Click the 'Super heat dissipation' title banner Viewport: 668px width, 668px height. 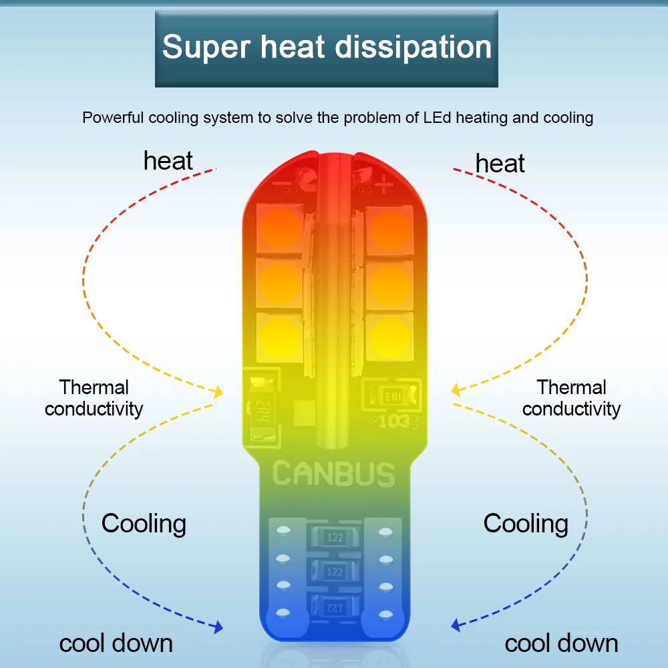pyautogui.click(x=327, y=48)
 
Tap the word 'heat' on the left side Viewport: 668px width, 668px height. pyautogui.click(x=168, y=161)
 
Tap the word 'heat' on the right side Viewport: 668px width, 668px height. pyautogui.click(x=500, y=164)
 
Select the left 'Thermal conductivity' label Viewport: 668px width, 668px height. pyautogui.click(x=94, y=398)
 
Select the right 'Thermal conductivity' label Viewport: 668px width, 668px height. pyautogui.click(x=571, y=398)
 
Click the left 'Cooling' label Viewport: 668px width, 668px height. pyautogui.click(x=144, y=523)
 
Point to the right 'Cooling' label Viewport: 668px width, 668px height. pyautogui.click(x=526, y=523)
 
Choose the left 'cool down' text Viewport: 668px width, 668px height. pyautogui.click(x=116, y=643)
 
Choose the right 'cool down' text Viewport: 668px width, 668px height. pyautogui.click(x=561, y=643)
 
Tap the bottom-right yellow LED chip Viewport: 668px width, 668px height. pyautogui.click(x=389, y=335)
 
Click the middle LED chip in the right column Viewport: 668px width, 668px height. pyautogui.click(x=389, y=283)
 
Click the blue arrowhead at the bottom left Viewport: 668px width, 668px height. pyautogui.click(x=217, y=627)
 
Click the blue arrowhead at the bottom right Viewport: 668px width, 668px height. pyautogui.click(x=456, y=626)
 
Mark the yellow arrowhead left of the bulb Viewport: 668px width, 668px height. pyautogui.click(x=217, y=392)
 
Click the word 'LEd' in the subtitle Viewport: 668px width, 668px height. pyautogui.click(x=438, y=118)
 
